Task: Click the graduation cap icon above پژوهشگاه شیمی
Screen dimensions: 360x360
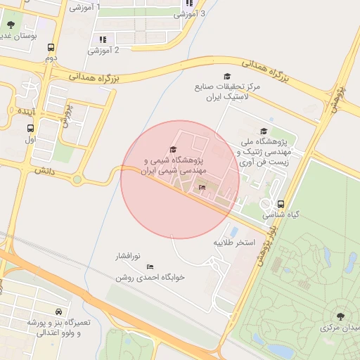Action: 174,148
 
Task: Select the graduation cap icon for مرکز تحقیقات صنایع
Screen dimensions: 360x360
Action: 226,76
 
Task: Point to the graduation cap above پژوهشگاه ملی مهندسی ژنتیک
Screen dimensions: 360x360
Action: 264,131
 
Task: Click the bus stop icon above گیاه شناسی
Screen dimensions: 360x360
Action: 281,204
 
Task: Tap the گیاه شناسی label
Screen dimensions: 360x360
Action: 281,214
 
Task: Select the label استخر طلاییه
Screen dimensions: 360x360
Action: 233,243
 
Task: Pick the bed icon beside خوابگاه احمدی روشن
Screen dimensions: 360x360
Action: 150,266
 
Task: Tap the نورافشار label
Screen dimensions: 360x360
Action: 129,257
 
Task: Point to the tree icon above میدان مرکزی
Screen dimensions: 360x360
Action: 340,316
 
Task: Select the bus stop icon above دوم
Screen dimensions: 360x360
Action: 50,48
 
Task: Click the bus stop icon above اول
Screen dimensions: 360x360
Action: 30,129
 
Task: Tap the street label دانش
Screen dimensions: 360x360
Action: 44,170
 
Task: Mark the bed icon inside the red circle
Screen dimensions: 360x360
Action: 202,188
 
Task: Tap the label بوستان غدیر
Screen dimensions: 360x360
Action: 15,34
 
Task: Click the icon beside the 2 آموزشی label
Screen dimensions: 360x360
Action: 103,39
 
